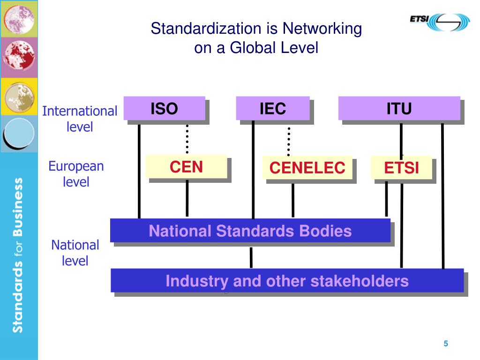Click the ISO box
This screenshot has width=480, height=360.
pyautogui.click(x=164, y=108)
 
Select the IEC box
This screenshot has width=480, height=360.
pyautogui.click(x=273, y=108)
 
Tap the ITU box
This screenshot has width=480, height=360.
pyautogui.click(x=399, y=108)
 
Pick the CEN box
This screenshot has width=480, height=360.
pyautogui.click(x=186, y=166)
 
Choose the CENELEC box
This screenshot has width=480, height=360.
pyautogui.click(x=307, y=167)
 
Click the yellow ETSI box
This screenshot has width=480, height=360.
pyautogui.click(x=401, y=167)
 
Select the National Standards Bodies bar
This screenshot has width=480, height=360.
pyautogui.click(x=250, y=231)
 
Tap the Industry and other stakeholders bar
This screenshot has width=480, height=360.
pyautogui.click(x=287, y=281)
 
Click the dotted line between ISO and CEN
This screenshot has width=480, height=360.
pyautogui.click(x=187, y=139)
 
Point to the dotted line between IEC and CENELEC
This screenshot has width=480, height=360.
pyautogui.click(x=289, y=141)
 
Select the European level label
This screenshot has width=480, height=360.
pyautogui.click(x=76, y=174)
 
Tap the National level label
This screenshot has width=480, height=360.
pyautogui.click(x=75, y=253)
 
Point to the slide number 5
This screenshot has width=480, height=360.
pyautogui.click(x=446, y=344)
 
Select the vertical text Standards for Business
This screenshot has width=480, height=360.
pyautogui.click(x=18, y=255)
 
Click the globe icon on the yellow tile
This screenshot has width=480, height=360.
pyautogui.click(x=18, y=96)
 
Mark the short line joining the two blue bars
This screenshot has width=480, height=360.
pyautogui.click(x=251, y=257)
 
